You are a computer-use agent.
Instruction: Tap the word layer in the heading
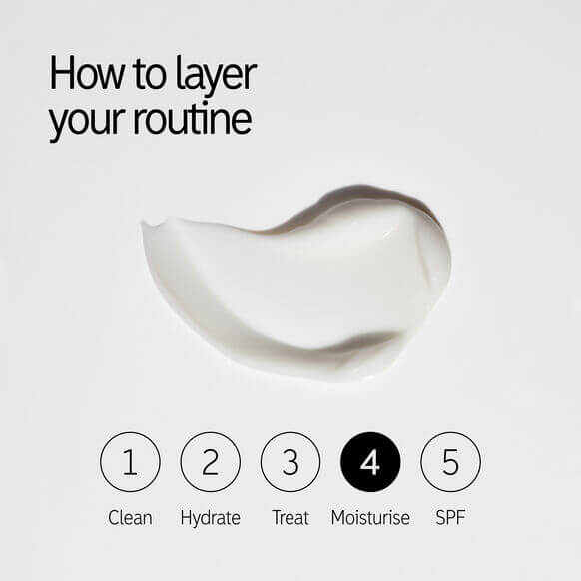coord(213,76)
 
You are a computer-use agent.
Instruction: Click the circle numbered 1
coord(130,462)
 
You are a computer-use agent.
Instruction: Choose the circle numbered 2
coord(210,462)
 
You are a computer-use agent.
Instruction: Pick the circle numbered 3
coord(290,462)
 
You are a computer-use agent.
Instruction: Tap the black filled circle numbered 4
coord(370,462)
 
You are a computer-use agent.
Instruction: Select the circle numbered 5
coord(450,462)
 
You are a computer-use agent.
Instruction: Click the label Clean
coord(130,518)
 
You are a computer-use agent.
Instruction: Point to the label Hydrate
coord(210,518)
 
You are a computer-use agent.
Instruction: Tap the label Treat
coord(290,518)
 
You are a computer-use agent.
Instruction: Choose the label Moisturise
coord(370,518)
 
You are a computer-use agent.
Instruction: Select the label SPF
coord(450,518)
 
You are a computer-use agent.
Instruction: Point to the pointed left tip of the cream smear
coord(145,225)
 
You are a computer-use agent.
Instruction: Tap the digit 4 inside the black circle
coord(370,462)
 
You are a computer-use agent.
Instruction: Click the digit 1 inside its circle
coord(130,462)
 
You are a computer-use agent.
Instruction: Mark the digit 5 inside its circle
coord(450,462)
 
